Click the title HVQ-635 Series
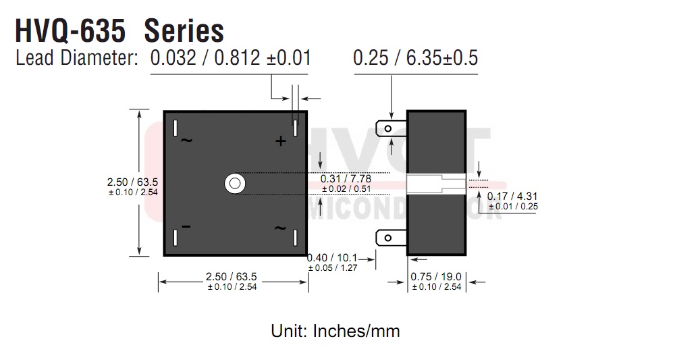(x=119, y=30)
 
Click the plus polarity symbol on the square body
(x=281, y=141)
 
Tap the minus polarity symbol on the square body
(x=186, y=226)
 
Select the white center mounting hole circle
(x=235, y=184)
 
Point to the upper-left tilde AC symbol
(x=186, y=140)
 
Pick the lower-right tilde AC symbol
(x=280, y=228)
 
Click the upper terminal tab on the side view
(x=391, y=128)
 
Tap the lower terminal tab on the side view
(x=391, y=238)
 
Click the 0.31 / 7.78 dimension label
(x=346, y=179)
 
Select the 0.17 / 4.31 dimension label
(x=512, y=197)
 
